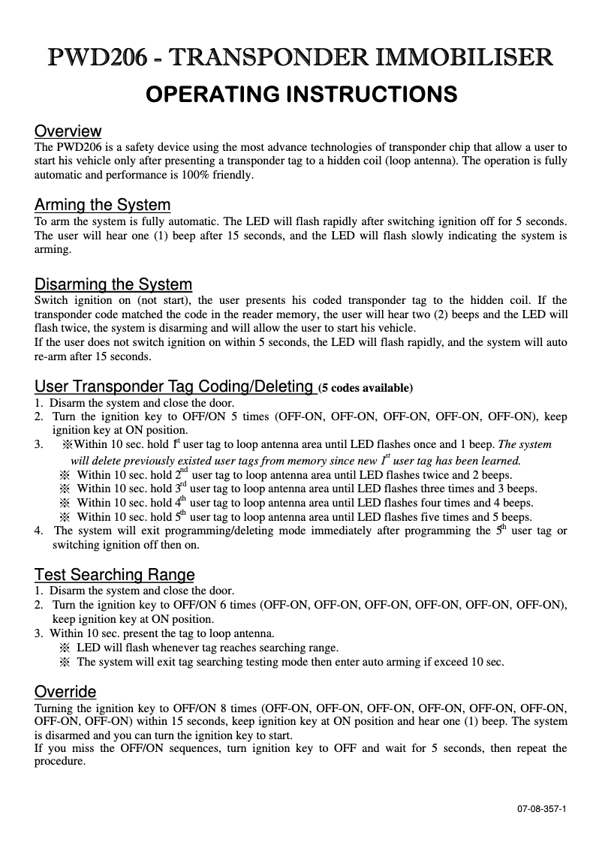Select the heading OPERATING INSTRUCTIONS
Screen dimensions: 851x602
point(300,95)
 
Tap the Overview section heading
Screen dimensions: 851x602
point(68,131)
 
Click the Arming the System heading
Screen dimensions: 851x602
point(102,205)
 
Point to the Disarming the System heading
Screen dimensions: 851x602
point(113,284)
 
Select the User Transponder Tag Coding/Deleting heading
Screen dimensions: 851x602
point(174,386)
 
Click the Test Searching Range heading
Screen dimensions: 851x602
point(114,575)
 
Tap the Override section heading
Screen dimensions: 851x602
point(65,691)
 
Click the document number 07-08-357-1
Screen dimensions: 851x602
point(541,809)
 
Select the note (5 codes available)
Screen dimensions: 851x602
point(366,389)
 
